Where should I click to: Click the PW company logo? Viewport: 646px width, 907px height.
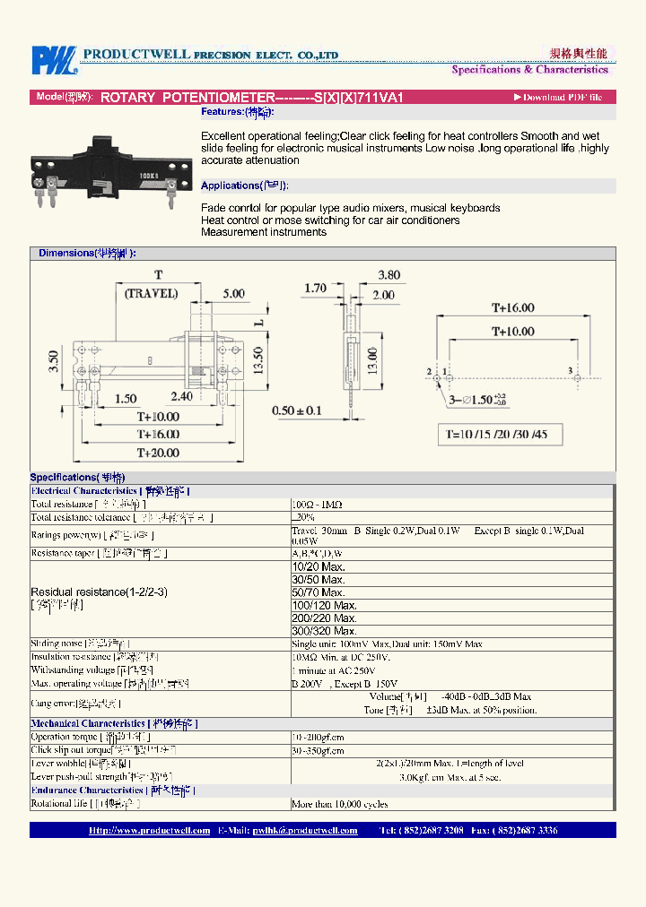tap(54, 60)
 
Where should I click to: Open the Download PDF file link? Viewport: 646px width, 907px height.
tap(557, 97)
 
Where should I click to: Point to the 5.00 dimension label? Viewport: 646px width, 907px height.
tap(233, 293)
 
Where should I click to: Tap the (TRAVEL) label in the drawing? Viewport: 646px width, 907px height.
tap(152, 293)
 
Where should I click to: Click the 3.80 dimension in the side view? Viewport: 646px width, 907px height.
tap(388, 275)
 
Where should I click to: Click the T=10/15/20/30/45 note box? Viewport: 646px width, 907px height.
tap(503, 435)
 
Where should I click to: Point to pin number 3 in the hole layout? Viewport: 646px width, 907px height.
tap(569, 369)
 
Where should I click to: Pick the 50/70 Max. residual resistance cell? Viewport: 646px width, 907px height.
tap(319, 592)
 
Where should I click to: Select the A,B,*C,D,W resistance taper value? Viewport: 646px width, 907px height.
tap(318, 554)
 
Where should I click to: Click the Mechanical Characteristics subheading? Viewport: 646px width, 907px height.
tap(114, 723)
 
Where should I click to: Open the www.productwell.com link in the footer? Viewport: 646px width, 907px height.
tap(149, 831)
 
